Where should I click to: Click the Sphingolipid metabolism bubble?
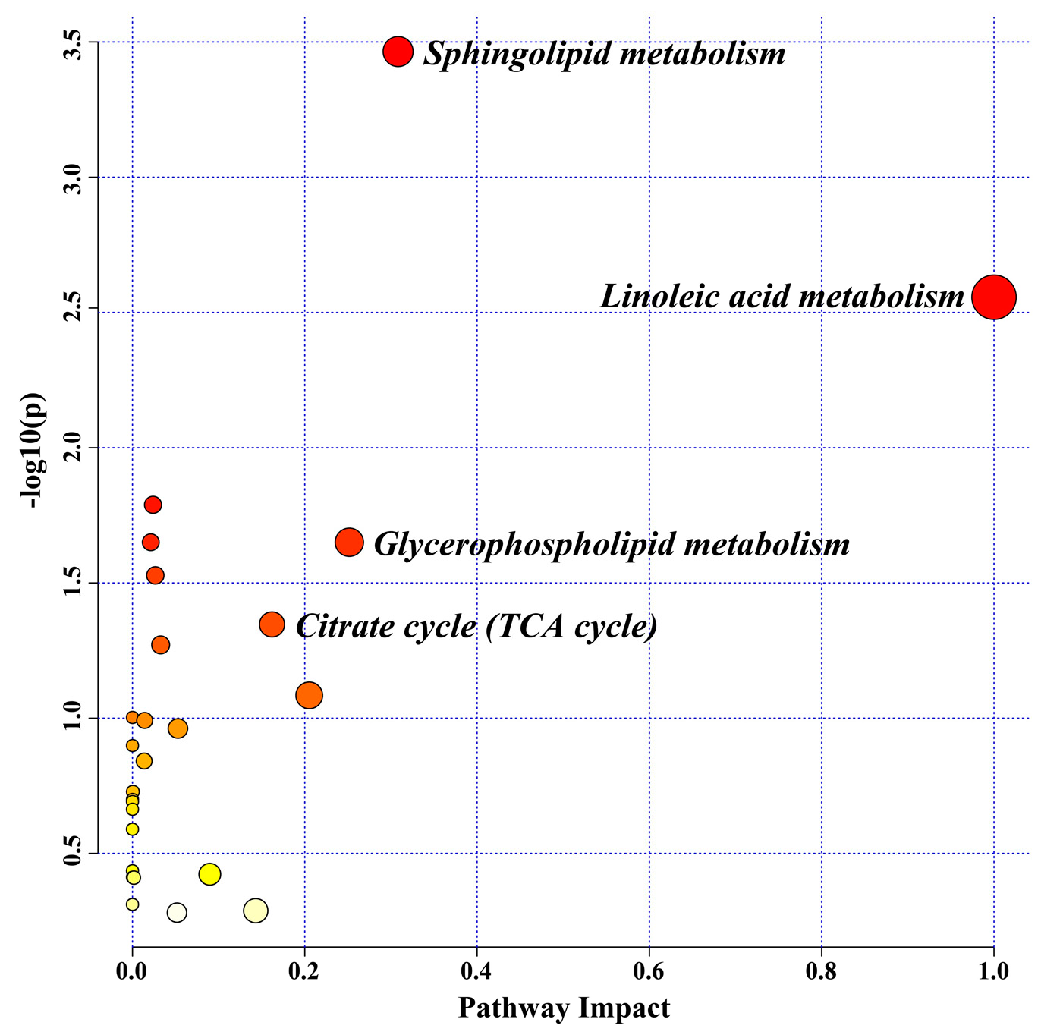pos(398,52)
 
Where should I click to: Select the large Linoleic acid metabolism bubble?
pos(993,297)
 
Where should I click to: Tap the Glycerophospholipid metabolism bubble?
pos(349,542)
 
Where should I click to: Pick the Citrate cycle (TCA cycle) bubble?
pos(272,624)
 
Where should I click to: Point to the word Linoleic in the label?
pos(654,297)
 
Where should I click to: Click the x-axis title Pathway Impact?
pos(564,1008)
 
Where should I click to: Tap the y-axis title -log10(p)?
pos(33,450)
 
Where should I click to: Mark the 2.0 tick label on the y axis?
pos(72,448)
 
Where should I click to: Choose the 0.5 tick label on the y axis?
pos(72,853)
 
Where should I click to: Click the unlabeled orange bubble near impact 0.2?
pos(309,694)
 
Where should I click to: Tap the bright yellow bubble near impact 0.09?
pos(209,874)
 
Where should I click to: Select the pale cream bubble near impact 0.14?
pos(256,911)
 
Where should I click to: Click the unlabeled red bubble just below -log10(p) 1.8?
pos(153,505)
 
